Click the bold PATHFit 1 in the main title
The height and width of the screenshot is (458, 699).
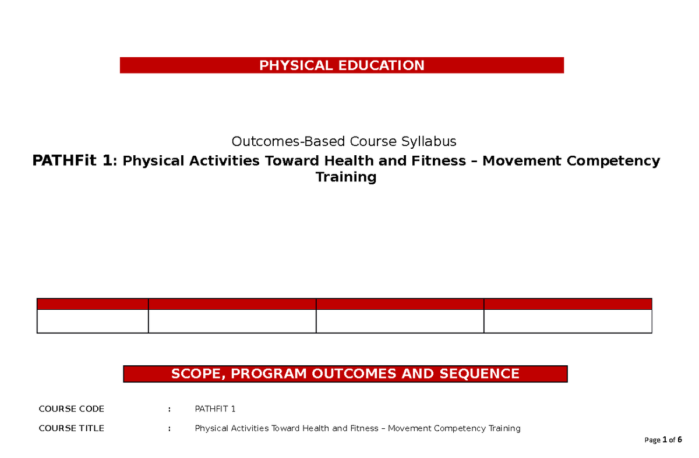(71, 160)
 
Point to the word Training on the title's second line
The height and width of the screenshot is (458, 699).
(345, 177)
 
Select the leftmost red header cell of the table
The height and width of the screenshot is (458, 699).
(93, 303)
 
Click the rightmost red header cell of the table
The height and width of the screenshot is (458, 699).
(567, 303)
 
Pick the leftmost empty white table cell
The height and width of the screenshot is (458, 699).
(93, 321)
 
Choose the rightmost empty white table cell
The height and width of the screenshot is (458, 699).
(567, 321)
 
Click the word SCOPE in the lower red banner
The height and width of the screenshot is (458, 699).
(195, 374)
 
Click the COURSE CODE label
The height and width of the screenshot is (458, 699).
(71, 409)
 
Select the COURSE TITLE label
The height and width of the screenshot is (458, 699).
(71, 428)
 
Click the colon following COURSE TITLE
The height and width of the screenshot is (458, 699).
(169, 428)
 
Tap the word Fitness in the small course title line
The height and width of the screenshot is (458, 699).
(363, 428)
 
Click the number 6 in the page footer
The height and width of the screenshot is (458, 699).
(679, 440)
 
